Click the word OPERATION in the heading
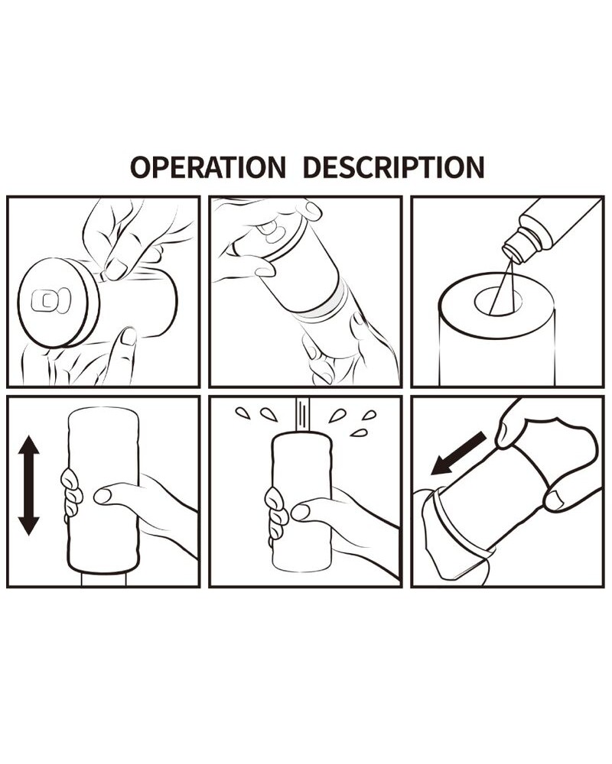point(208,167)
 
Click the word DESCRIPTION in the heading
point(393,167)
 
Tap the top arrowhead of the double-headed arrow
point(29,446)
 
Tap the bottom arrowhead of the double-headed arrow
point(29,525)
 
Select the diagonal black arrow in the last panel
point(458,454)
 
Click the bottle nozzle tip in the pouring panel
point(513,254)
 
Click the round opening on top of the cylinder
point(498,300)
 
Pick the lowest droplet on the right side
point(359,432)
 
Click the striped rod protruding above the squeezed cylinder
point(303,415)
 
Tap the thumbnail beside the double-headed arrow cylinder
point(103,496)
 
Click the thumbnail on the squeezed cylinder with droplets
point(300,512)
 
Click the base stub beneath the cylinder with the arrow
point(105,579)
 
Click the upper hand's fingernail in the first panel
point(116,268)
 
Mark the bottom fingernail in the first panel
point(129,337)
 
